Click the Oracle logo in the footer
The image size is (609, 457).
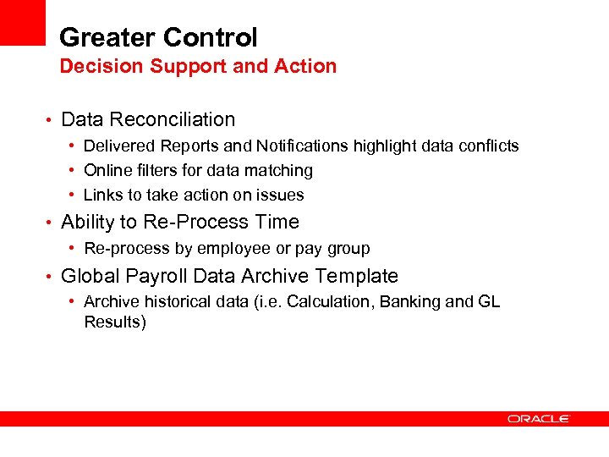539,419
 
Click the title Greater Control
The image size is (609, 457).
158,37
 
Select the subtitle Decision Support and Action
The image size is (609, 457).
198,66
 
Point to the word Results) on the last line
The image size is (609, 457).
115,322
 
